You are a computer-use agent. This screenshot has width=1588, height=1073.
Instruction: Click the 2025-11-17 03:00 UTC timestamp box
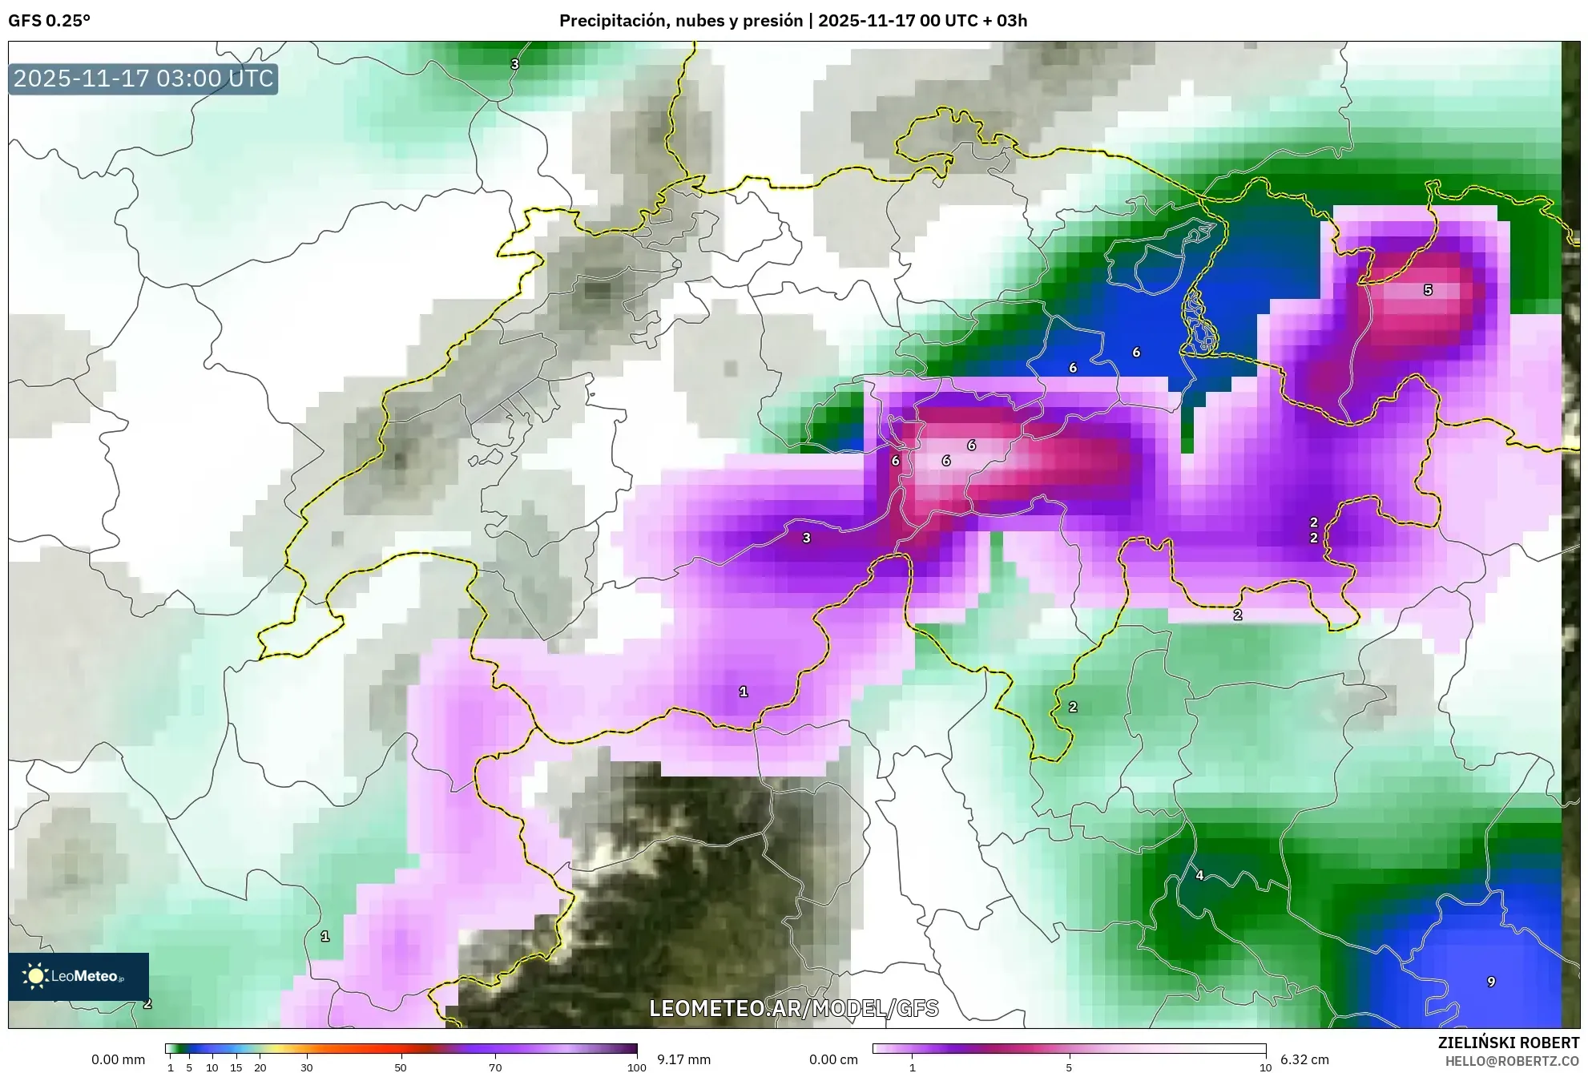pyautogui.click(x=143, y=79)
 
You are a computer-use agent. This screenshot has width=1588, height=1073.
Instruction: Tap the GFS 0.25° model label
pyautogui.click(x=49, y=21)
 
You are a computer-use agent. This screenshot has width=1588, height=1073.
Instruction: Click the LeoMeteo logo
pyautogui.click(x=78, y=976)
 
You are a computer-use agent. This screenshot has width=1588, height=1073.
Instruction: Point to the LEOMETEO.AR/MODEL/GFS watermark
pyautogui.click(x=793, y=1008)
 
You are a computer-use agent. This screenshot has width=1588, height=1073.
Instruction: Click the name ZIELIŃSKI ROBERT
pyautogui.click(x=1508, y=1043)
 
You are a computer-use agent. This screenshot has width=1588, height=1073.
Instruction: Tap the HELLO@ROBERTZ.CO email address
pyautogui.click(x=1512, y=1061)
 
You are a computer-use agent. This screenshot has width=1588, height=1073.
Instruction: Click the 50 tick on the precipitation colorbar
pyautogui.click(x=401, y=1067)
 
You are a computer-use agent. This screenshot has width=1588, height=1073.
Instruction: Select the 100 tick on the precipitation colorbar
pyautogui.click(x=636, y=1067)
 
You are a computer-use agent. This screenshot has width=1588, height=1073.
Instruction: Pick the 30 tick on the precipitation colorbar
pyautogui.click(x=307, y=1067)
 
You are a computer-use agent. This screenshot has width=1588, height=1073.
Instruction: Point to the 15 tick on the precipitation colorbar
pyautogui.click(x=236, y=1067)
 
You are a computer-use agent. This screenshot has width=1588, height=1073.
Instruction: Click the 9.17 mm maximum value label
pyautogui.click(x=683, y=1059)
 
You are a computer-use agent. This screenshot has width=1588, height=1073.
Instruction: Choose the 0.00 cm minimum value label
pyautogui.click(x=833, y=1059)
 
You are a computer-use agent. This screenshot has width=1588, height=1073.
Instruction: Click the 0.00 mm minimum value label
pyautogui.click(x=119, y=1059)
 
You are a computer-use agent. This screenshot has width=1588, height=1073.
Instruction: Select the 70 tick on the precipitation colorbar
pyautogui.click(x=495, y=1067)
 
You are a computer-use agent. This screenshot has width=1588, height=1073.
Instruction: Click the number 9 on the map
pyautogui.click(x=1491, y=982)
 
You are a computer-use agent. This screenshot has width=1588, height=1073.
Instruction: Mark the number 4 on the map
pyautogui.click(x=1199, y=875)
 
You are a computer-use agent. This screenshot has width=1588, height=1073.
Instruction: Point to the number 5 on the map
pyautogui.click(x=1428, y=290)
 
